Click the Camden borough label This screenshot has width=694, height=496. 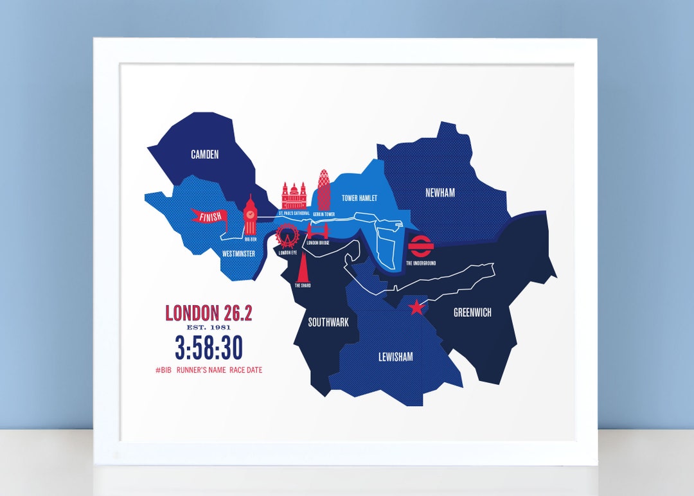point(205,154)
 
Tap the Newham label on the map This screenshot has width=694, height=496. point(440,193)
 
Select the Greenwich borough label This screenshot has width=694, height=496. point(472,313)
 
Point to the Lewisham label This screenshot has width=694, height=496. point(395,357)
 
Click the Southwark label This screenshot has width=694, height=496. point(328,323)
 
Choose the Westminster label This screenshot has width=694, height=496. point(238,254)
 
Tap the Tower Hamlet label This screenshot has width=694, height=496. point(359,199)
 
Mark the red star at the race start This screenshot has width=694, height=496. point(416,308)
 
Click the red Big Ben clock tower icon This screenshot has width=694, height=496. point(250,216)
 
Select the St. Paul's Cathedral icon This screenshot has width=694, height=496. point(294,195)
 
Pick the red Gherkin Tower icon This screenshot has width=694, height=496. point(324,189)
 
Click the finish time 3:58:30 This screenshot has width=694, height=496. point(209,348)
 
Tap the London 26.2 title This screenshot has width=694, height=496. point(209,313)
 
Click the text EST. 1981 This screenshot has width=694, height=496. point(209,328)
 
